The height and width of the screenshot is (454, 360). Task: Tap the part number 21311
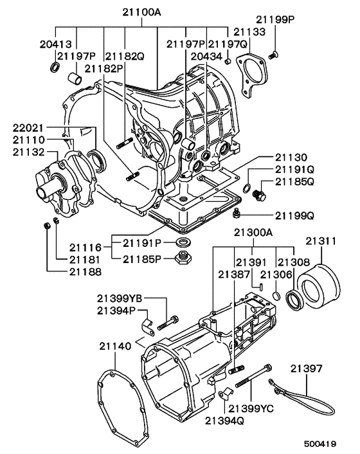click(x=321, y=241)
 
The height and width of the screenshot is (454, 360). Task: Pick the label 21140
click(x=115, y=346)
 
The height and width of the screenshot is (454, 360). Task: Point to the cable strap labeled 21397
click(x=309, y=404)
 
